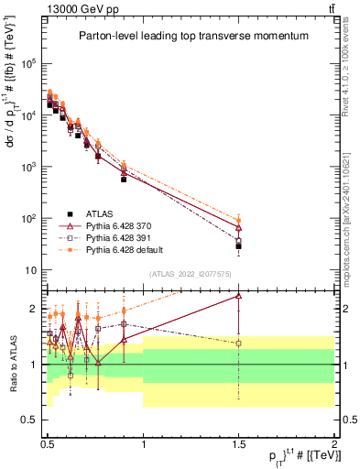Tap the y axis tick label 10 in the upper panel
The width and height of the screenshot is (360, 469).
31,270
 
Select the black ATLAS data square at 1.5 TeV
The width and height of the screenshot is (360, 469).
238,246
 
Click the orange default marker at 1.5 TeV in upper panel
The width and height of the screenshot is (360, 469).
238,219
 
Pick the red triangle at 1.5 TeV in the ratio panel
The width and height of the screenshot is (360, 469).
238,296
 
